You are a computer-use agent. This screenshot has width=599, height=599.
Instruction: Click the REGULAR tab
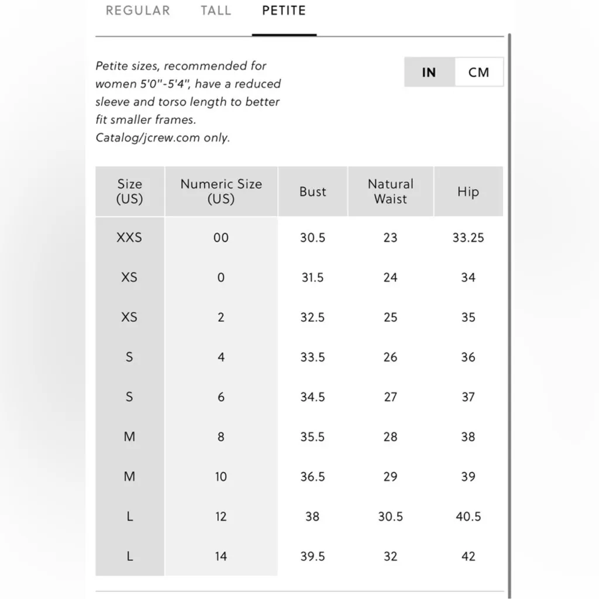tap(138, 11)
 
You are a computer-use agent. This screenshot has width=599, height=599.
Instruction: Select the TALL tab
tap(216, 11)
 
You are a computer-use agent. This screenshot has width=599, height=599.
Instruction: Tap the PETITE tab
tap(284, 11)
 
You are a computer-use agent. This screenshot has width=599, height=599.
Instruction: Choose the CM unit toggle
tap(478, 73)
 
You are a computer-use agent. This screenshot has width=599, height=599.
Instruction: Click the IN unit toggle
tap(429, 73)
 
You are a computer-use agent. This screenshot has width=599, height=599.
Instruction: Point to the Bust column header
tap(313, 192)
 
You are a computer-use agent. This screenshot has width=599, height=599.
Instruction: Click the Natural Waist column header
tap(390, 191)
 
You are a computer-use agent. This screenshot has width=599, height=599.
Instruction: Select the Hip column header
tap(468, 192)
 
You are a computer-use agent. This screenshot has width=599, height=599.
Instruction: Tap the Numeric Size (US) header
tap(221, 191)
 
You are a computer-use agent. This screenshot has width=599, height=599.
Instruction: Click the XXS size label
tap(129, 237)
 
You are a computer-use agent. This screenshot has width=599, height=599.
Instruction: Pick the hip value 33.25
tap(468, 237)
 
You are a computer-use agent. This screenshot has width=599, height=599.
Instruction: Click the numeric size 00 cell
tap(221, 237)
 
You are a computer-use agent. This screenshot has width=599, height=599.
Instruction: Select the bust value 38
tap(312, 517)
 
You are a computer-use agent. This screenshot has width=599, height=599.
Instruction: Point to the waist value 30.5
tap(390, 517)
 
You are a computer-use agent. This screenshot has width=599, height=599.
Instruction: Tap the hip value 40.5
tap(468, 517)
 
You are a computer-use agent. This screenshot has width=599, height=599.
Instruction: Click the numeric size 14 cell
tap(221, 556)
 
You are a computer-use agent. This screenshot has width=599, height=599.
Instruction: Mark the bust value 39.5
tap(312, 556)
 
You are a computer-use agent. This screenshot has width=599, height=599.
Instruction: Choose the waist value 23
tap(390, 237)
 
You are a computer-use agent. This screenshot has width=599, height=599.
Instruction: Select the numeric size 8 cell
tap(221, 437)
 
